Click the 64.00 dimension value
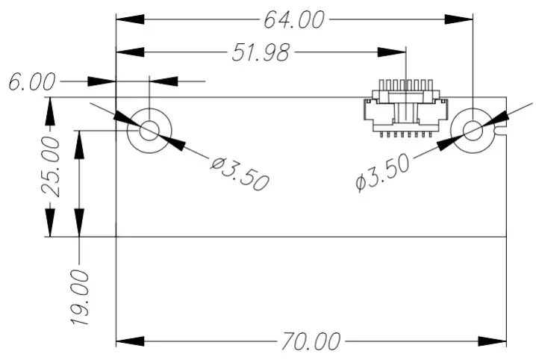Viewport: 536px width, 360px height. (294, 20)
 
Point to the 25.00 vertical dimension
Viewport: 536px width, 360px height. (49, 166)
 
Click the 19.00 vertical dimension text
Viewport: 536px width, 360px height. (80, 297)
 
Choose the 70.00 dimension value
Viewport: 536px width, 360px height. (311, 342)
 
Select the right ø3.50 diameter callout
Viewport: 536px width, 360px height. (383, 173)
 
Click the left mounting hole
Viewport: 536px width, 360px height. (149, 131)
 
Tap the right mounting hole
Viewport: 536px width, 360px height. (473, 131)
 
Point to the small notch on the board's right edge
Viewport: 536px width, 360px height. (502, 131)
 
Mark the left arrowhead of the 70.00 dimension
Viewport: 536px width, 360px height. (128, 342)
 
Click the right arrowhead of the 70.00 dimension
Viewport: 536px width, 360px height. (495, 342)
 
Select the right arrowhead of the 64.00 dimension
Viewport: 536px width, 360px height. (461, 20)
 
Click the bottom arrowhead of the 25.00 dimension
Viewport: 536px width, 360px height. (49, 223)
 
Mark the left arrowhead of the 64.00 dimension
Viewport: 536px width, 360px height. (129, 20)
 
